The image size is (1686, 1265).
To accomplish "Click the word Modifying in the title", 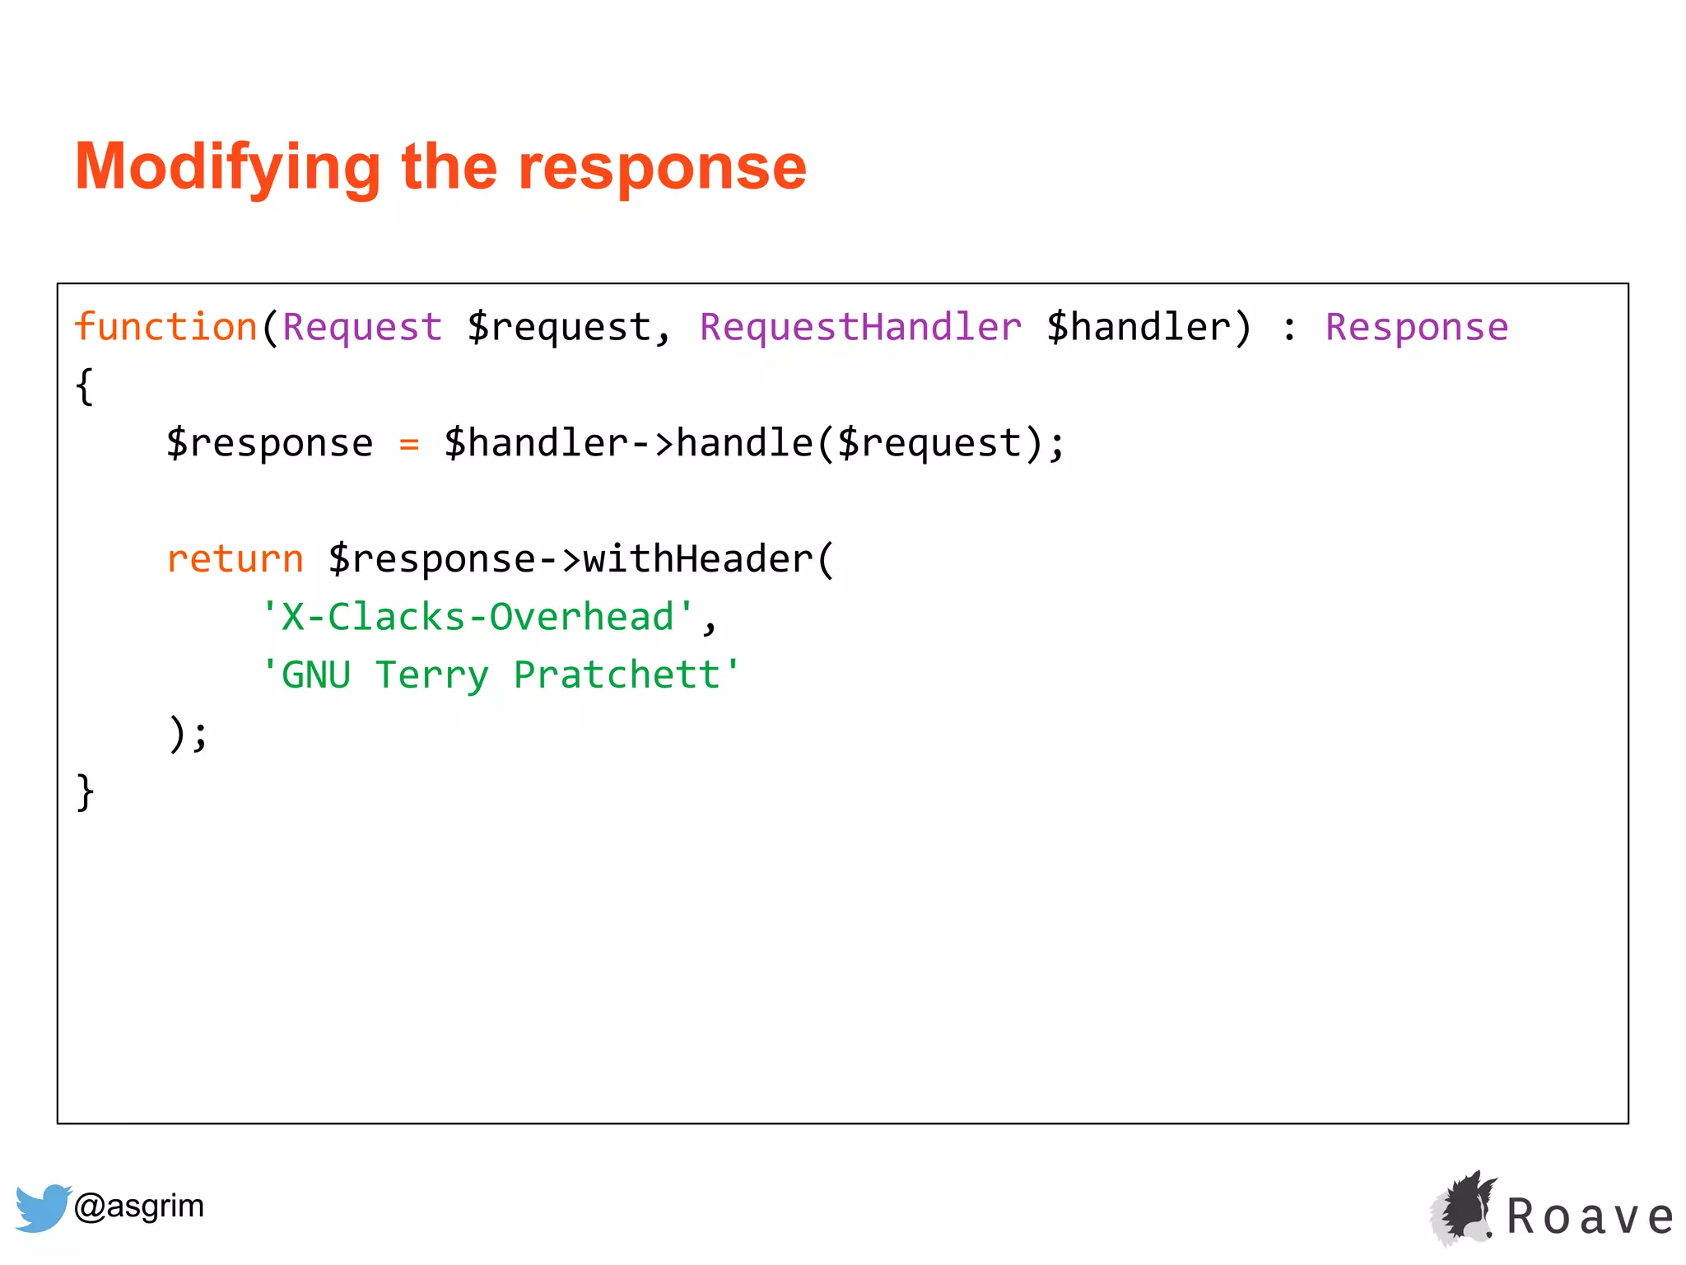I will coord(227,167).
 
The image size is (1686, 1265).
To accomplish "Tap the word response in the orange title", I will coord(662,167).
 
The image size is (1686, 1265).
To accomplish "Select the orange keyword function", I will coord(165,327).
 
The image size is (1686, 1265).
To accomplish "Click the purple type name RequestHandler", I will coord(860,327).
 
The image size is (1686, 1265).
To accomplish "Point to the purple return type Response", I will coord(1416,327).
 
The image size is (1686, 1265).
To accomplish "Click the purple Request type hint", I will coord(362,327).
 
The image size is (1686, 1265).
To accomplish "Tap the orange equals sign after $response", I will coord(409,444).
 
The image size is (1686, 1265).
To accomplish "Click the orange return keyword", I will coord(235,559).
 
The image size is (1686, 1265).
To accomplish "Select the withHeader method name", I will coord(698,559).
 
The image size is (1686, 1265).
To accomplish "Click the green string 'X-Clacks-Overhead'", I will coord(477,617).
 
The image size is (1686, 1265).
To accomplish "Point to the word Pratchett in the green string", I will coord(617,675).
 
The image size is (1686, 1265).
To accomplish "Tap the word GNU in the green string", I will coord(316,675).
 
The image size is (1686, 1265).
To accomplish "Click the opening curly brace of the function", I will coord(84,385).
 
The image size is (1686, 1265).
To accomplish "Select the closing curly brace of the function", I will coord(84,792).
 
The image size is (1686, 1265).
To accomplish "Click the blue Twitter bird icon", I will coord(42,1207).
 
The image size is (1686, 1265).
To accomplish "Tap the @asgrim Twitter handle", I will coord(139,1206).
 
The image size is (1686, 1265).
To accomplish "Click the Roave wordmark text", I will coord(1590,1216).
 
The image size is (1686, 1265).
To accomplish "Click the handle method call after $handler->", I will coord(744,444).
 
